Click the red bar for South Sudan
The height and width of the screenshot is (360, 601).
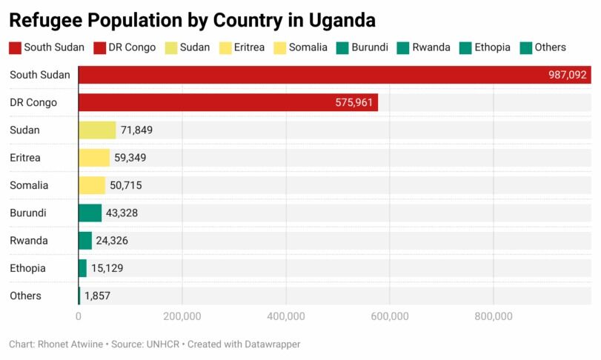(x=333, y=75)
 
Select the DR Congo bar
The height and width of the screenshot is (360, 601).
(x=228, y=102)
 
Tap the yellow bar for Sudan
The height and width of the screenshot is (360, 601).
(x=97, y=130)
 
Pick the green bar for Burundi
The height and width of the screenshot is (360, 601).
(x=90, y=213)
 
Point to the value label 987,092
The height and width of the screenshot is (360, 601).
(x=567, y=75)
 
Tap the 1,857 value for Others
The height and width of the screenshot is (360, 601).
(x=97, y=296)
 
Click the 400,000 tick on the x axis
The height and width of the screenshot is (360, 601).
(x=286, y=316)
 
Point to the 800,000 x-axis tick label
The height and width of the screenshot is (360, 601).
(x=494, y=316)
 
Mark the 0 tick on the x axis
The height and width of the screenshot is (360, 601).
(x=79, y=316)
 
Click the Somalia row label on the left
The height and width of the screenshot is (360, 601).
(x=29, y=185)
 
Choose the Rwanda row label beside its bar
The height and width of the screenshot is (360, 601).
(x=29, y=241)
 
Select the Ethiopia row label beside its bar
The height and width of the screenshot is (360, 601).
(x=28, y=268)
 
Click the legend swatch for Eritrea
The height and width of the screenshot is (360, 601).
(x=223, y=48)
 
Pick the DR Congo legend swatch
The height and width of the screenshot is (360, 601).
(x=100, y=48)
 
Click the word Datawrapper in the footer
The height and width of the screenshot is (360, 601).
(x=272, y=344)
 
